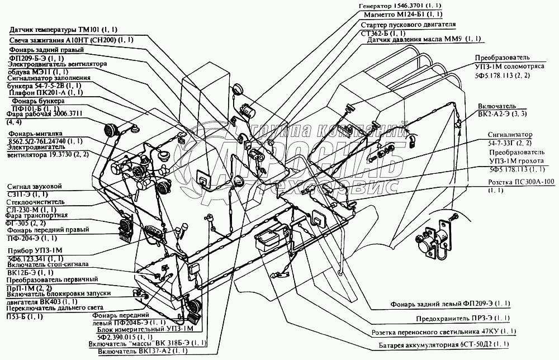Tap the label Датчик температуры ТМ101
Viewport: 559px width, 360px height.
70,30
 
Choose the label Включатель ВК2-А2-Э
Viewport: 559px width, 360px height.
502,110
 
